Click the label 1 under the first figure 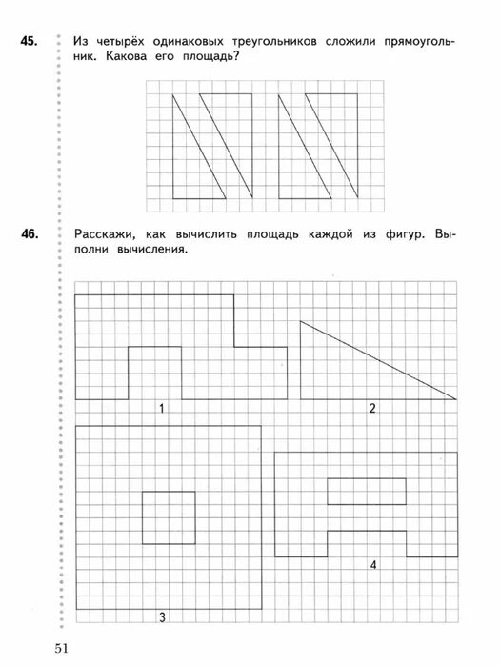pyautogui.click(x=162, y=409)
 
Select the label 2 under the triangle pyautogui.click(x=372, y=409)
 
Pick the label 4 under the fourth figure pyautogui.click(x=373, y=565)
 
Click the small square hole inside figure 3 pyautogui.click(x=169, y=517)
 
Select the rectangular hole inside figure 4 pyautogui.click(x=367, y=490)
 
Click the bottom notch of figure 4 pyautogui.click(x=367, y=543)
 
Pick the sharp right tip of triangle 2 pyautogui.click(x=453, y=397)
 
